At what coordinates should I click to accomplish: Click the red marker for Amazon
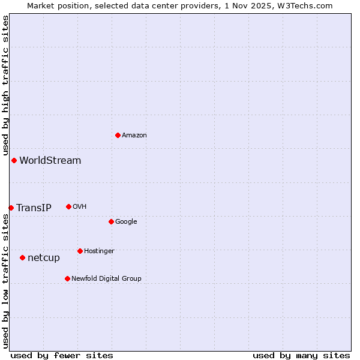point(118,135)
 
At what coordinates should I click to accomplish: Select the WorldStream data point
point(14,160)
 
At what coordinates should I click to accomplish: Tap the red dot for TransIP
point(11,208)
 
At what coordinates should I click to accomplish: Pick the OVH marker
point(68,206)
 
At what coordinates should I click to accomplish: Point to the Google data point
point(111,221)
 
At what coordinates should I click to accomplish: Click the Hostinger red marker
point(80,251)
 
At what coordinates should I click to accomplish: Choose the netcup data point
point(22,257)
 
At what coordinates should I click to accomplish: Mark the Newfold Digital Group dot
point(67,278)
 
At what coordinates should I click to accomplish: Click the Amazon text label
point(134,135)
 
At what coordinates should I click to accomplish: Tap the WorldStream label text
point(50,160)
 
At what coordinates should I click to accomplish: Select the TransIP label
point(34,208)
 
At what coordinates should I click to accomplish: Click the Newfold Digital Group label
point(106,278)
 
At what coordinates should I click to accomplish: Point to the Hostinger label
point(99,251)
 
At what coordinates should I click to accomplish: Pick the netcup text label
point(44,257)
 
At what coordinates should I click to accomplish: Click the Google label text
point(126,221)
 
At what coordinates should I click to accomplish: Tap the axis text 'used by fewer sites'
point(62,355)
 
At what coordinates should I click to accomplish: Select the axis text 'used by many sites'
point(301,355)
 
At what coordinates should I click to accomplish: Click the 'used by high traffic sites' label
point(5,85)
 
